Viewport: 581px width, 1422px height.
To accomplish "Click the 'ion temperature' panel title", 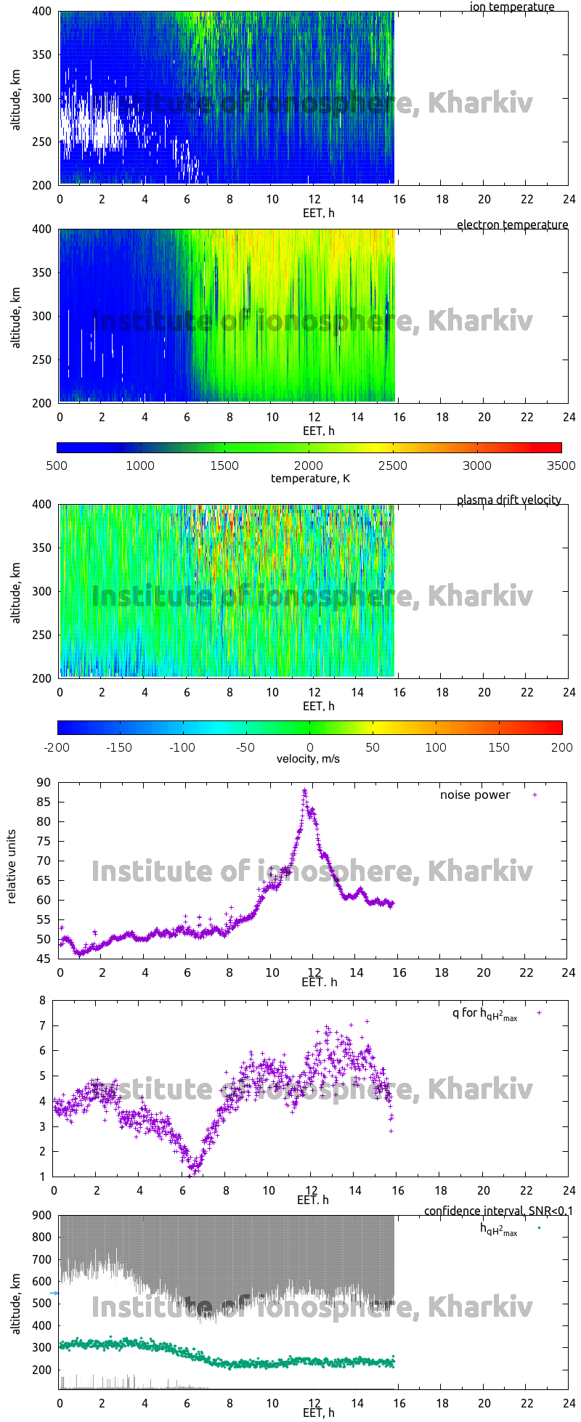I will coord(511,7).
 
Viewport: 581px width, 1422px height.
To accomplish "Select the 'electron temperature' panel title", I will coord(512,225).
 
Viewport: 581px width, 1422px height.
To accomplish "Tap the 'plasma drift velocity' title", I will coord(508,500).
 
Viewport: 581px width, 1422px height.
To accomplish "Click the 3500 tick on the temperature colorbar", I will coord(561,466).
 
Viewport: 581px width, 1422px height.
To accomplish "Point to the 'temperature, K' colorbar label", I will coord(310,479).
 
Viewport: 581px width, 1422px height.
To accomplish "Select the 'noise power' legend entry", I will coord(475,795).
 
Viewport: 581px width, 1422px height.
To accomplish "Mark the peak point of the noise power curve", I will coord(305,792).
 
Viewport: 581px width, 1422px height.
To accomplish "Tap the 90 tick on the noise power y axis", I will coord(44,783).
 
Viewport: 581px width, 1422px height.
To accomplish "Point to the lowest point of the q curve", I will coord(190,1174).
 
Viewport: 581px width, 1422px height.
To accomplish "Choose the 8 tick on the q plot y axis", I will coord(42,1001).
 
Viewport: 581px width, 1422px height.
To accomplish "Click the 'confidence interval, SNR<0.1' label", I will coord(498,1211).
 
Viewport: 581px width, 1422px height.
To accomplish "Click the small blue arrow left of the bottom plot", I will coord(54,1293).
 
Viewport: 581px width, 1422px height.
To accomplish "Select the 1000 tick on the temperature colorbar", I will coord(140,466).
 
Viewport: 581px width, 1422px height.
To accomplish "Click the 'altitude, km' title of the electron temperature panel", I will coord(16,317).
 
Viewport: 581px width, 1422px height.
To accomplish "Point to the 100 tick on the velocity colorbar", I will coord(436,747).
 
